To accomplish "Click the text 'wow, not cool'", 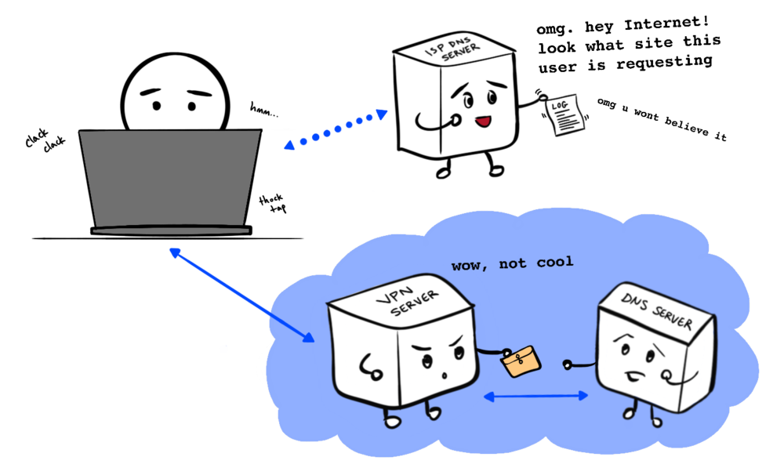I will click(x=512, y=263).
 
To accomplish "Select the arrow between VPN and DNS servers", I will click(x=536, y=397).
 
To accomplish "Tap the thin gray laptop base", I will click(x=171, y=231).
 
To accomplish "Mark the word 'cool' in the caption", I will click(x=554, y=262).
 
